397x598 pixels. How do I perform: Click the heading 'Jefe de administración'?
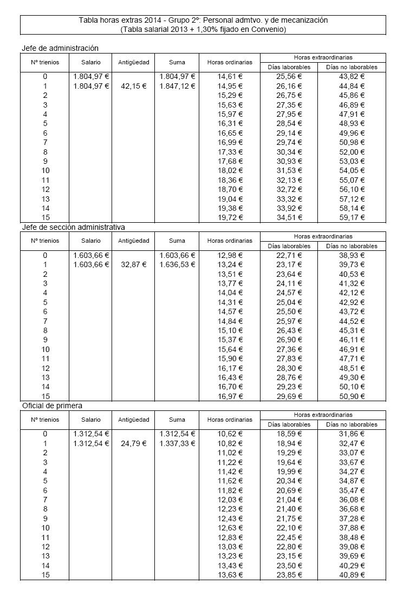coord(60,48)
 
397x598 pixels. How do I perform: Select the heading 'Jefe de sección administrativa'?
coord(73,227)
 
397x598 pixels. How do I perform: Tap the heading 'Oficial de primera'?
coord(52,406)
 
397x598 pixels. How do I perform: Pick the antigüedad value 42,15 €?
coord(133,86)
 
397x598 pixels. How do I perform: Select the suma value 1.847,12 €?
coord(177,86)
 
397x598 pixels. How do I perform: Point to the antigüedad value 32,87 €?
coord(133,264)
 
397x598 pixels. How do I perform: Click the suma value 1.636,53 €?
coord(177,264)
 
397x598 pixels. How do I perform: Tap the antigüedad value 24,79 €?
coord(133,443)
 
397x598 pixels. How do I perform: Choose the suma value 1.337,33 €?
coord(177,443)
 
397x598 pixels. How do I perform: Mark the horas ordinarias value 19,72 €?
coord(230,217)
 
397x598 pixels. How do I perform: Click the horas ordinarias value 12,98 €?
coord(230,255)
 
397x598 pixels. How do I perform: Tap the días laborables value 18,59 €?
coord(289,434)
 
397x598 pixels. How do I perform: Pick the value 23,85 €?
coord(289,575)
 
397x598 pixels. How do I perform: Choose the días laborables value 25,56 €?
coord(289,76)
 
